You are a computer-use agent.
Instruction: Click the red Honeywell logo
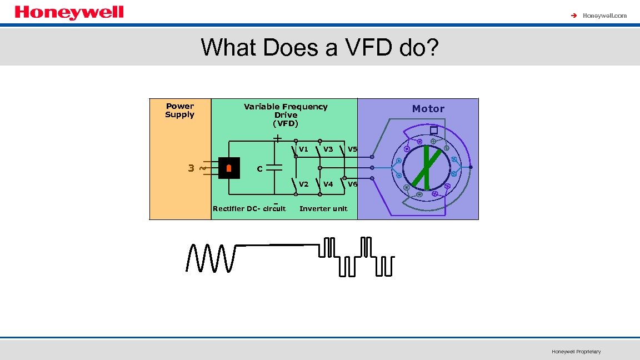[x=69, y=12]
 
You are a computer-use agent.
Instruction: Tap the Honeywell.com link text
[x=604, y=16]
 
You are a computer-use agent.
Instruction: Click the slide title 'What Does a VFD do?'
[x=319, y=48]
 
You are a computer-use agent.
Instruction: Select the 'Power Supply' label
[x=180, y=110]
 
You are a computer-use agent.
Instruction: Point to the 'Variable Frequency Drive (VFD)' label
[x=286, y=114]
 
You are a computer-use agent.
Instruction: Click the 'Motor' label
[x=428, y=109]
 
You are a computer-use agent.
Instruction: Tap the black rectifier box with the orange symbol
[x=229, y=168]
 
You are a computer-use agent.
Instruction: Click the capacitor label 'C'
[x=259, y=169]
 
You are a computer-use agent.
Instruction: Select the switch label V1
[x=303, y=149]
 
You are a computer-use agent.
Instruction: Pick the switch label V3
[x=328, y=149]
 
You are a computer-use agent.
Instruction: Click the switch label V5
[x=352, y=149]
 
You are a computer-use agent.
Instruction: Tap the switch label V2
[x=303, y=184]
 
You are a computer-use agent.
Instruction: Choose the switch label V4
[x=328, y=184]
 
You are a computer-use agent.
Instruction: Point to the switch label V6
[x=352, y=184]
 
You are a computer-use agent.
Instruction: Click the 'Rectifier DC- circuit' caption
[x=249, y=209]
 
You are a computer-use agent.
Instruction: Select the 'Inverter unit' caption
[x=323, y=209]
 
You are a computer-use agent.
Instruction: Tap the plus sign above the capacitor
[x=277, y=137]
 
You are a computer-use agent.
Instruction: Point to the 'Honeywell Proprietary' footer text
[x=576, y=352]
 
